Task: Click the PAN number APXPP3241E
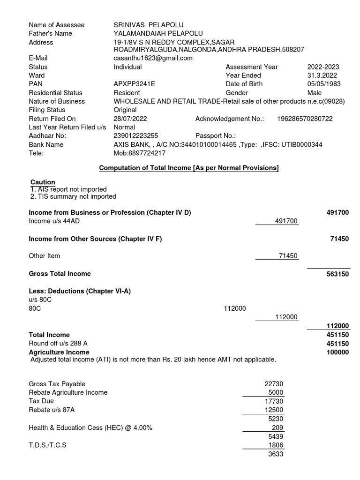(x=135, y=84)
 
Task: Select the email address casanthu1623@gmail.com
(x=153, y=58)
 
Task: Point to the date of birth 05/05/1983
(x=324, y=84)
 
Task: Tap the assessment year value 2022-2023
(x=323, y=67)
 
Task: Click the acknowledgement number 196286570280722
(x=304, y=119)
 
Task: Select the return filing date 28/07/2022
(x=130, y=119)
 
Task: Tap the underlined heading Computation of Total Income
(x=188, y=168)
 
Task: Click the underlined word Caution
(x=43, y=182)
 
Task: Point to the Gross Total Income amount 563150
(x=337, y=274)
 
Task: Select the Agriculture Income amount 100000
(x=337, y=352)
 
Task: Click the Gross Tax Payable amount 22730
(x=274, y=384)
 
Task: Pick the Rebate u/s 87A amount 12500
(x=274, y=410)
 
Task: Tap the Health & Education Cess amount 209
(x=278, y=428)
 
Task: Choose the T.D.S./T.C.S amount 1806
(x=276, y=445)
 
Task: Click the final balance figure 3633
(x=276, y=454)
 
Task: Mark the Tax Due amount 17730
(x=274, y=401)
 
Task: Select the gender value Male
(x=315, y=93)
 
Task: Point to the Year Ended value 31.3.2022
(x=322, y=75)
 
